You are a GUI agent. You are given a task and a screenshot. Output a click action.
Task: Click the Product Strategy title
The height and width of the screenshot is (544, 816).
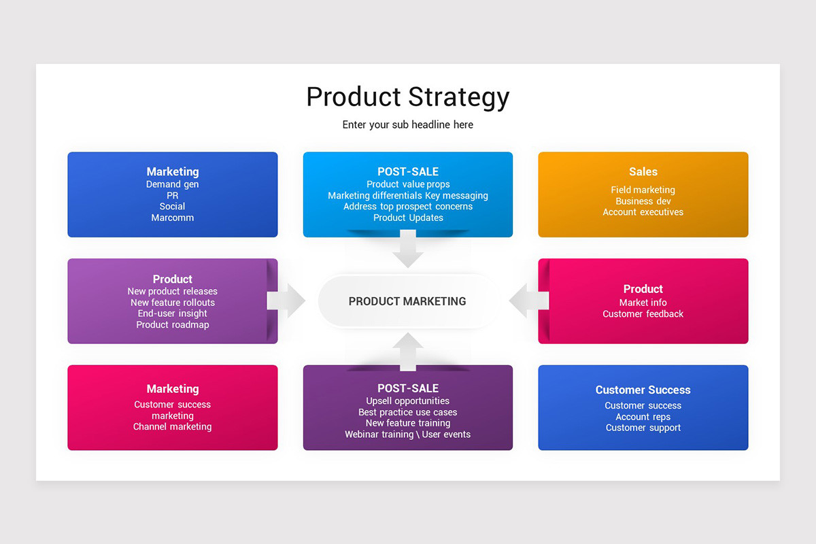click(x=407, y=97)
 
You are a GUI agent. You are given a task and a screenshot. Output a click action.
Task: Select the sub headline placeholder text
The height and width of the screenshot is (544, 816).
click(x=407, y=125)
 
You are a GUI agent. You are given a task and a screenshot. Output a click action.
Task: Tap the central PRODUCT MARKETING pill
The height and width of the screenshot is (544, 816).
click(x=407, y=301)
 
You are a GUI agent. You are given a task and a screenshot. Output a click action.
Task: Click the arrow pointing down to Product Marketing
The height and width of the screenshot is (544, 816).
click(x=408, y=250)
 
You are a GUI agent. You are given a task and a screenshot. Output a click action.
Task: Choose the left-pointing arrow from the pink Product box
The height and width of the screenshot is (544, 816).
click(x=528, y=301)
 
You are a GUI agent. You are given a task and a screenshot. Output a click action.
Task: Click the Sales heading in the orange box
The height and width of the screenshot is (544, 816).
click(x=643, y=172)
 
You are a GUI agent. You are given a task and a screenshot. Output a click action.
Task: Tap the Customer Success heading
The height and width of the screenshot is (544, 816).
click(x=643, y=390)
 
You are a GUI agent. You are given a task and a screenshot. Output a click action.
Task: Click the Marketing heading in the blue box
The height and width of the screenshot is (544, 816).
click(x=173, y=172)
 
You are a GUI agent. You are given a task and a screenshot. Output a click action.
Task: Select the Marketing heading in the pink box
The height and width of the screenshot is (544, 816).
click(x=173, y=389)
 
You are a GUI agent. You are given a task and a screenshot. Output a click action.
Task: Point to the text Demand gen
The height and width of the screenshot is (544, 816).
click(x=173, y=184)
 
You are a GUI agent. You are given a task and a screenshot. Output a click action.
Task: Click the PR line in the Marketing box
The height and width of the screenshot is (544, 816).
click(x=173, y=196)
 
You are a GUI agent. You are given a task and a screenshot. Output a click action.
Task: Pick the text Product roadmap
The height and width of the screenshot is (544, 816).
click(x=173, y=325)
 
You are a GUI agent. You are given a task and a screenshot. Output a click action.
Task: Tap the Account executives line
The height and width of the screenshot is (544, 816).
click(x=643, y=212)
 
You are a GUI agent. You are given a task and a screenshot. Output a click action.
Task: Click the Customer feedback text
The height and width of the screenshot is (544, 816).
click(x=643, y=314)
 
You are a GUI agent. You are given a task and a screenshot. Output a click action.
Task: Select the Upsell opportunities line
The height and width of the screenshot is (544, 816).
click(x=407, y=401)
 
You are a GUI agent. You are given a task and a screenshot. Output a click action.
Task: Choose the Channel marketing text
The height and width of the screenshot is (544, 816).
click(x=173, y=427)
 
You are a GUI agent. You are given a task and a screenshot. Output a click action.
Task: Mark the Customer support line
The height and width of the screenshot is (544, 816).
click(x=643, y=428)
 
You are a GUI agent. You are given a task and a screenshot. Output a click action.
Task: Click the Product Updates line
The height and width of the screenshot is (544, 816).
click(x=408, y=218)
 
